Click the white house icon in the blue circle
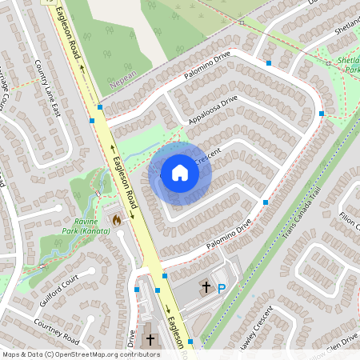click(180, 173)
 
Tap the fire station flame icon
click(116, 218)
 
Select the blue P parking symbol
click(222, 288)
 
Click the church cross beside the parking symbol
click(206, 287)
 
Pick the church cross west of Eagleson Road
click(150, 339)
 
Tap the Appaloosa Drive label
click(214, 111)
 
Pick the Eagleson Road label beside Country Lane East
click(68, 34)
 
